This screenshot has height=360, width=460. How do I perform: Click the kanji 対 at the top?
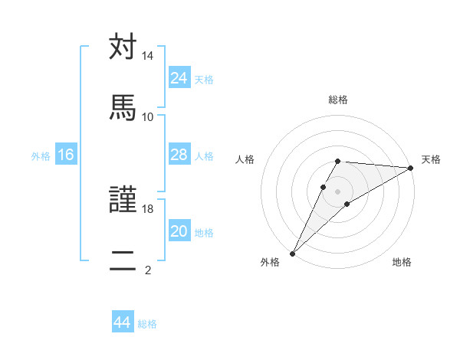[123, 47]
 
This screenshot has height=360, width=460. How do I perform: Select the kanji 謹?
[123, 201]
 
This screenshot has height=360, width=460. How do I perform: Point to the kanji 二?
[123, 260]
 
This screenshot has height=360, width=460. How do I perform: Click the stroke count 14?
[148, 56]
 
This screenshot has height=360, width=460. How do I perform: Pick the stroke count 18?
[148, 209]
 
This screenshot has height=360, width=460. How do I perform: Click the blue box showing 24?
[179, 78]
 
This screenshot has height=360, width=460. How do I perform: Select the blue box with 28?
[179, 155]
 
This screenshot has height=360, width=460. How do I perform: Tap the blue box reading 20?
[179, 231]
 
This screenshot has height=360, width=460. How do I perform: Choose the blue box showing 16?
[66, 155]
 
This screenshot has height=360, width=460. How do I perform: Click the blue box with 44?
[123, 322]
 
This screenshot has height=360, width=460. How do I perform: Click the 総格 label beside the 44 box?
[147, 324]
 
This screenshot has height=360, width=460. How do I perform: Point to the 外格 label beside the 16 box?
[41, 156]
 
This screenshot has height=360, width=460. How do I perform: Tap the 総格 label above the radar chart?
[338, 100]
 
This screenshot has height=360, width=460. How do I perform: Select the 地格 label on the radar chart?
[402, 263]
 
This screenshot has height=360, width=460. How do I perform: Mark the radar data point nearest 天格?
[411, 168]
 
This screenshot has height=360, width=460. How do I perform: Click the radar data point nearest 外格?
[292, 253]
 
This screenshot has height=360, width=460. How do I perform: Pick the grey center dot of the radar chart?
[338, 191]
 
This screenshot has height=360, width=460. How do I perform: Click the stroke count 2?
[148, 269]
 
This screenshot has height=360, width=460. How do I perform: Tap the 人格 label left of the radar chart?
[245, 159]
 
